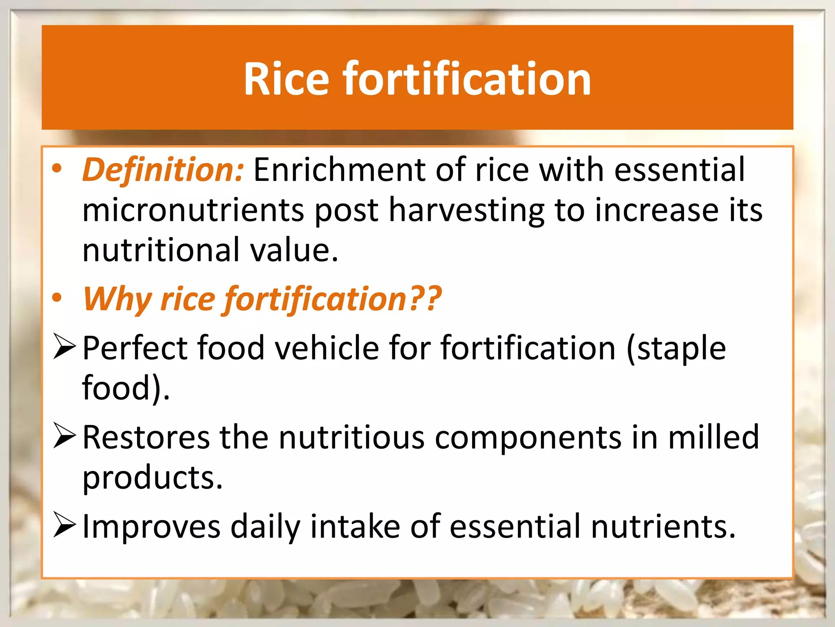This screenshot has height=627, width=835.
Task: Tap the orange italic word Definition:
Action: (x=163, y=170)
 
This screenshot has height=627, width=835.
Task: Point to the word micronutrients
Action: (x=193, y=210)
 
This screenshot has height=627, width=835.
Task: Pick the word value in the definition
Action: (x=294, y=250)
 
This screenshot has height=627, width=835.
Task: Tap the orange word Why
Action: (x=117, y=299)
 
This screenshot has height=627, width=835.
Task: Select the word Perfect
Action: (x=135, y=348)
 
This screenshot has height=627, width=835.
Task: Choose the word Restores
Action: (x=146, y=437)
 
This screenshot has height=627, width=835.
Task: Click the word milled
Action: (x=714, y=437)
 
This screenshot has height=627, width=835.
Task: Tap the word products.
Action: (x=152, y=478)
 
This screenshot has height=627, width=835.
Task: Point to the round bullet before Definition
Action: (x=57, y=169)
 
